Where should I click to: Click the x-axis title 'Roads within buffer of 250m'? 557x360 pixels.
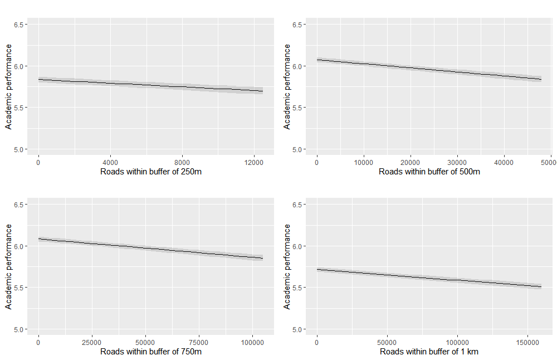click(x=151, y=172)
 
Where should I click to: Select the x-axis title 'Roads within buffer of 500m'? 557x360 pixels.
click(x=429, y=172)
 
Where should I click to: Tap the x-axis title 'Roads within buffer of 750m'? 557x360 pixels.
click(x=151, y=352)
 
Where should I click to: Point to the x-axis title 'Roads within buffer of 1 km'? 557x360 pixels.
click(x=429, y=352)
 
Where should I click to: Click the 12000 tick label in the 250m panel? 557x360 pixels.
click(x=254, y=162)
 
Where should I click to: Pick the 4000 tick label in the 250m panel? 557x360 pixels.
click(x=110, y=162)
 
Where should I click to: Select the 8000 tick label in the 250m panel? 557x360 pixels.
click(x=183, y=162)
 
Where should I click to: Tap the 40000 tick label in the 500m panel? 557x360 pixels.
click(x=504, y=162)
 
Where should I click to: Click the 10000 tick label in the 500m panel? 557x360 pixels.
click(x=363, y=162)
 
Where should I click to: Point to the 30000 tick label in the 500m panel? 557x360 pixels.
click(x=457, y=162)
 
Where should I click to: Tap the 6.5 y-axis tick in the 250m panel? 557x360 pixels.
click(x=18, y=25)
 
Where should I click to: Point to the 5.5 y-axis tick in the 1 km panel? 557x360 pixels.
click(x=297, y=288)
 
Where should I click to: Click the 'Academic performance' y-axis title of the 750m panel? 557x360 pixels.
click(x=8, y=267)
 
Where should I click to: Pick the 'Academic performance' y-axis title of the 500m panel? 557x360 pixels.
click(x=287, y=87)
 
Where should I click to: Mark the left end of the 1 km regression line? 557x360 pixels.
click(x=316, y=269)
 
